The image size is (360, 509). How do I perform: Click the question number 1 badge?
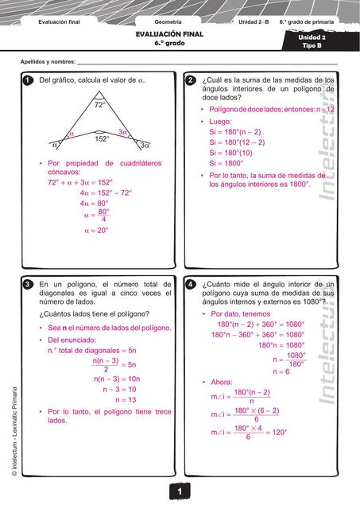[x=28, y=80]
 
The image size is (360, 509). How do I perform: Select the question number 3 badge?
[x=28, y=284]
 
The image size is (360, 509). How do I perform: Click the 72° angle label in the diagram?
[x=100, y=105]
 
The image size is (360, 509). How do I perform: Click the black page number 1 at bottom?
[x=180, y=494]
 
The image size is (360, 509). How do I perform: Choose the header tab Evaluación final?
[x=60, y=21]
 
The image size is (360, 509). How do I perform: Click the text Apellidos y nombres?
[x=48, y=62]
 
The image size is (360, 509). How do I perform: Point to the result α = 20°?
[x=95, y=231]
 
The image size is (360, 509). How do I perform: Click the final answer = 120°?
[x=273, y=433]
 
